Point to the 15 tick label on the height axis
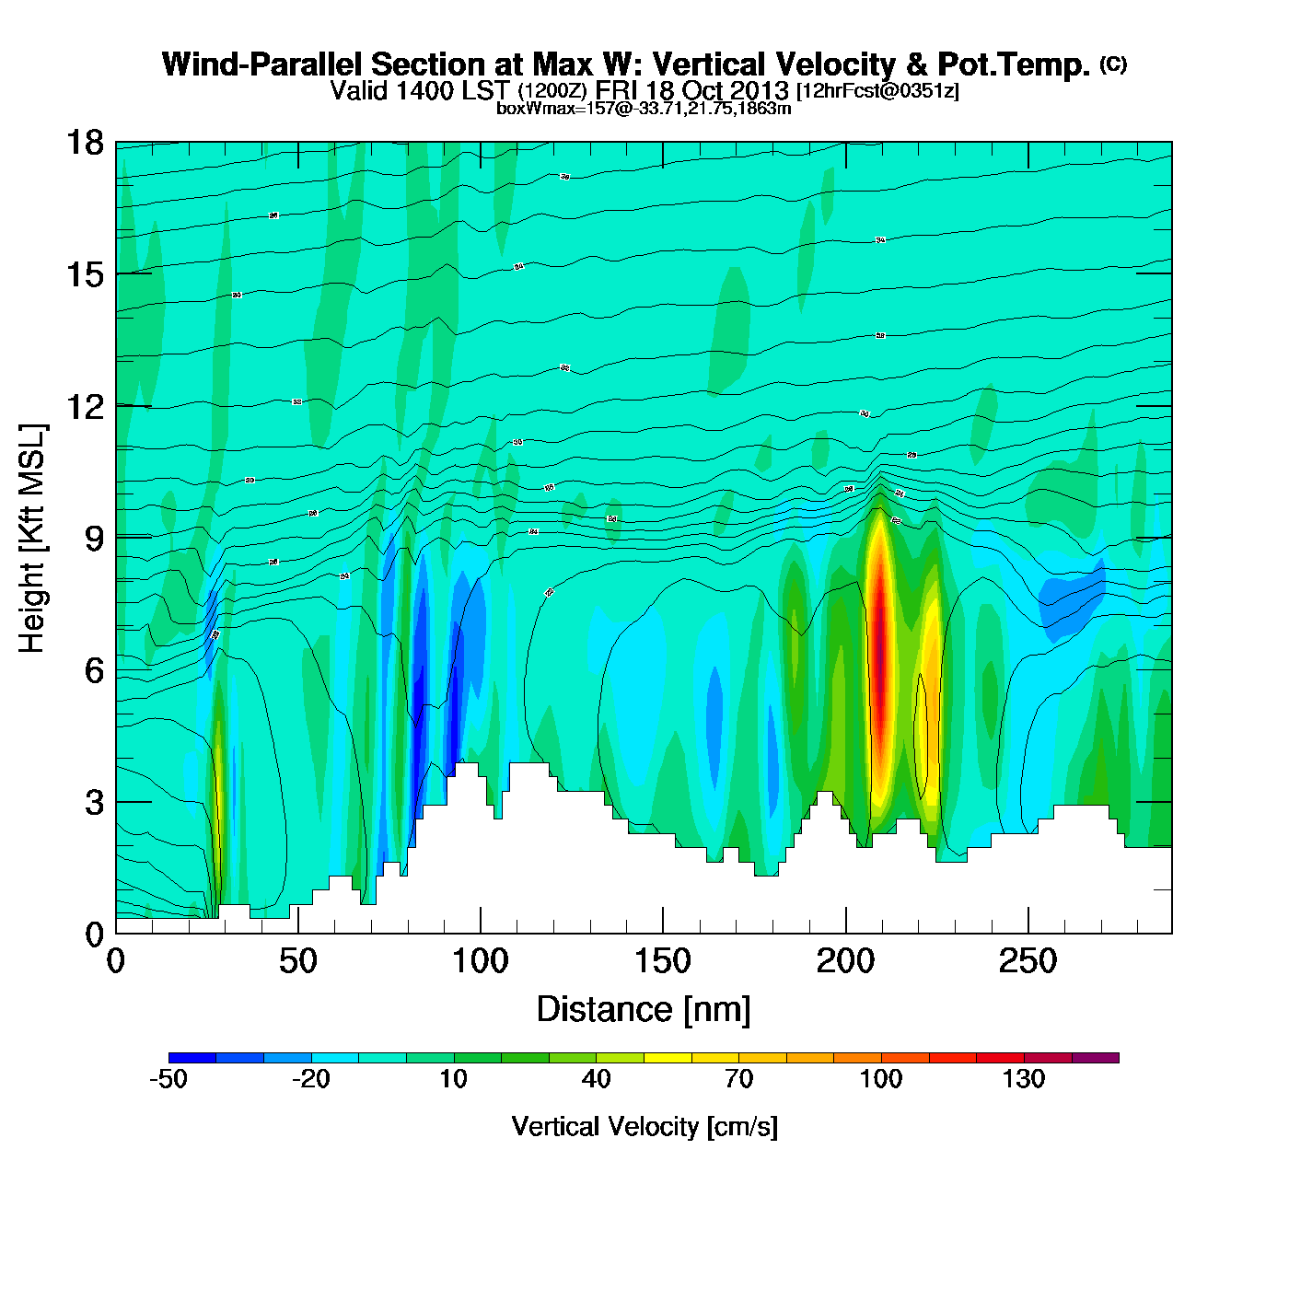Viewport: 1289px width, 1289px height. coord(84,274)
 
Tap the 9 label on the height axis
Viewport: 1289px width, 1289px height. coord(94,538)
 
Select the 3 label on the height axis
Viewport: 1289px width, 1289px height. coord(94,802)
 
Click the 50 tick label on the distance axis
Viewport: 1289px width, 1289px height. coord(297,961)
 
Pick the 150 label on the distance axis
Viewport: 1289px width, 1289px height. coord(662,961)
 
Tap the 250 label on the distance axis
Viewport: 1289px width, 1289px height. coord(1027,961)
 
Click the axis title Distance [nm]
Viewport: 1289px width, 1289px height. coord(644,1010)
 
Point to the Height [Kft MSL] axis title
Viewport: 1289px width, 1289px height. coord(32,539)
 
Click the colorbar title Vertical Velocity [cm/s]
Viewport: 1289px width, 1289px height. coord(644,1126)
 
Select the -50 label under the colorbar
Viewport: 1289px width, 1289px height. coord(168,1079)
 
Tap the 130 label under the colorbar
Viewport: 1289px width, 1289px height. coord(1024,1079)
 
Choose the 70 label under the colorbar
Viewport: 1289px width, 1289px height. coord(738,1079)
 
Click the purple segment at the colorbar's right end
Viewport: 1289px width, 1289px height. coord(1095,1058)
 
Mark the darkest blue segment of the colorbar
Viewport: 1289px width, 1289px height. coord(192,1058)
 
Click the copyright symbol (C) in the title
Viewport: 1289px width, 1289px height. coord(1113,64)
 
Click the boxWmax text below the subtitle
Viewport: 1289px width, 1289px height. coord(644,108)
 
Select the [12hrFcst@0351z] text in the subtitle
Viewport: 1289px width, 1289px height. coord(877,90)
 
